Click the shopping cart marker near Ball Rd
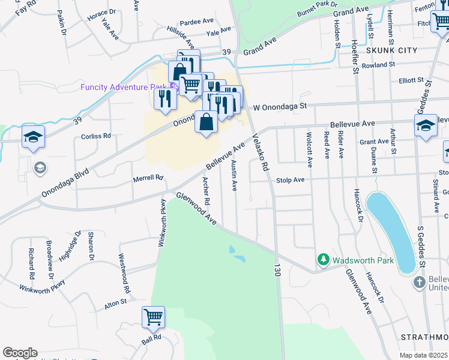point(153,316)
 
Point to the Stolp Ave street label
point(291,179)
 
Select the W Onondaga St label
point(280,106)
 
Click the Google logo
point(20,352)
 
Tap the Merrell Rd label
point(148,178)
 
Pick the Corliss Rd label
point(96,136)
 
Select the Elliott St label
point(411,80)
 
